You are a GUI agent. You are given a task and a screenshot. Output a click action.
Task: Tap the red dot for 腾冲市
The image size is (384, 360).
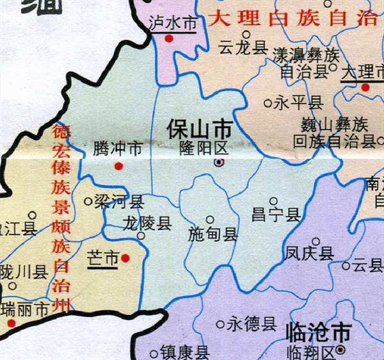[x=118, y=167]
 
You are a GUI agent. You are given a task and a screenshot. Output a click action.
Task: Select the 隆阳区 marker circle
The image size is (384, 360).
[x=219, y=163]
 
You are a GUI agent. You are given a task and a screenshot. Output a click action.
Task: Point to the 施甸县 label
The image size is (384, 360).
[x=213, y=234]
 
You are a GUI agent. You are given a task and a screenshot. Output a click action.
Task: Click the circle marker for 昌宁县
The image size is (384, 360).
[x=273, y=201]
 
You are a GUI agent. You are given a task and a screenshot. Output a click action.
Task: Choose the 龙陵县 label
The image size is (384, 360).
[x=147, y=223]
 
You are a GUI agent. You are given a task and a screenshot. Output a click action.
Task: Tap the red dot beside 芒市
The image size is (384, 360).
[x=125, y=258]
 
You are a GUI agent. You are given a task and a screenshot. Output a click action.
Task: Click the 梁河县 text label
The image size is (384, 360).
[x=118, y=202]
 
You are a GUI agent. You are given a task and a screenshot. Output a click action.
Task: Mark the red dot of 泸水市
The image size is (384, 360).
[x=169, y=38]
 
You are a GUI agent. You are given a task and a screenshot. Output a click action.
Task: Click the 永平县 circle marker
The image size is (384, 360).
[x=268, y=102]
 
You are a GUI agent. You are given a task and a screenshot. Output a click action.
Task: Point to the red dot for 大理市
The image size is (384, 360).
[x=365, y=87]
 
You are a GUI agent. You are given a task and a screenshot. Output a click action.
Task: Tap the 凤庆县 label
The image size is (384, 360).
[x=310, y=254]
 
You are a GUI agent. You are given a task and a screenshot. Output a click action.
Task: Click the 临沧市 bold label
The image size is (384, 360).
[x=317, y=332]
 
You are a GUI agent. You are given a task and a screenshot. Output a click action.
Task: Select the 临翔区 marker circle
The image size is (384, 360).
[x=340, y=349]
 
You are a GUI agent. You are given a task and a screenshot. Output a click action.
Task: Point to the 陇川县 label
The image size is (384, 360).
[x=24, y=272]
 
